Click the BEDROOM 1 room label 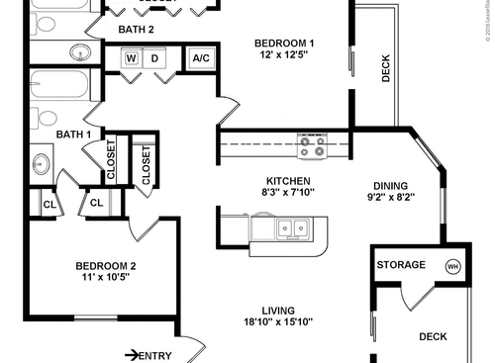coord(284,43)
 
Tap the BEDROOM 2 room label coord(106,265)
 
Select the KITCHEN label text coord(288,181)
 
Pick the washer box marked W coord(132,58)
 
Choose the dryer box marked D coord(155,58)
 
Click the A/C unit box coord(202,58)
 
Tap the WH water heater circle coord(452,266)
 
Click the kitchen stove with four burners coord(312,146)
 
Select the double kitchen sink coord(291,228)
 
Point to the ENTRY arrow coord(133,355)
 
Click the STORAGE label coord(401,265)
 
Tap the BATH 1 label coord(73,135)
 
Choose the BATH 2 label coord(136,30)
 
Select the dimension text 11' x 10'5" coord(106,277)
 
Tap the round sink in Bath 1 coord(43,163)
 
